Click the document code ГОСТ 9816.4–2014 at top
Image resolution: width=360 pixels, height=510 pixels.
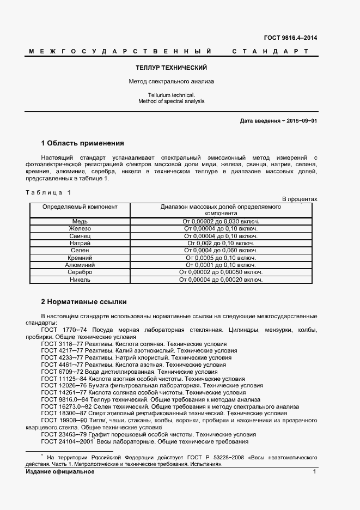[290, 38]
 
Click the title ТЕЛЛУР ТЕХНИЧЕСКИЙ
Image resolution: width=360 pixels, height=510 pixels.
[171, 68]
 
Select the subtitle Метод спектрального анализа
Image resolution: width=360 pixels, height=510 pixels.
[171, 82]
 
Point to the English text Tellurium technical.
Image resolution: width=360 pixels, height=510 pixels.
[171, 95]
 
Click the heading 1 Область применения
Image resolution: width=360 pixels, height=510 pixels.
[83, 143]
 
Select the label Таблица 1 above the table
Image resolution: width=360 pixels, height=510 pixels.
[48, 192]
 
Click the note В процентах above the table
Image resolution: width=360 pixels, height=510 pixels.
[299, 199]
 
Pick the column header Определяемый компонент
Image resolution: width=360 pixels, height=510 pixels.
[80, 207]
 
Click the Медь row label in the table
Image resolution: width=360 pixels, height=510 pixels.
[80, 221]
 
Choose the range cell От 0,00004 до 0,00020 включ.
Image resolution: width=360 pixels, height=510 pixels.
[221, 280]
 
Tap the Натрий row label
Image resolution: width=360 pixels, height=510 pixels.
[80, 243]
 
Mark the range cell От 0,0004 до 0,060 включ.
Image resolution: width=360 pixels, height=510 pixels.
[221, 250]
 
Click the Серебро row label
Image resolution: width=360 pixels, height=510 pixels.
[80, 272]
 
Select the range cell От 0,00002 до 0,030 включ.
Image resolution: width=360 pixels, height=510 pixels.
[221, 221]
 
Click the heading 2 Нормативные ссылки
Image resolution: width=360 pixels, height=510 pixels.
[84, 301]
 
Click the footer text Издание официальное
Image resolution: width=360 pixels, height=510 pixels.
[60, 471]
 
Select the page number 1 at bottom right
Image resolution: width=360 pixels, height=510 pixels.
[315, 471]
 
